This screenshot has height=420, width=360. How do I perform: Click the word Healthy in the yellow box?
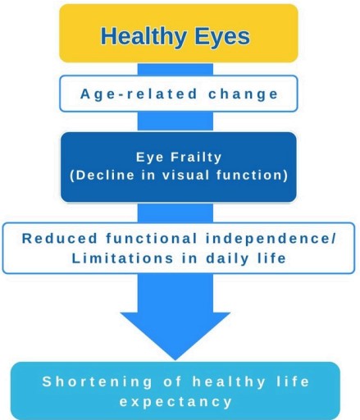[144, 36]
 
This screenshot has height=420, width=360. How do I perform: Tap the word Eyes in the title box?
[221, 37]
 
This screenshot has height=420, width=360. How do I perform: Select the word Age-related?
[139, 94]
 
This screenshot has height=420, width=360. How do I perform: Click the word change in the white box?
[243, 94]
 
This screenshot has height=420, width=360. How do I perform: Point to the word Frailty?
[196, 157]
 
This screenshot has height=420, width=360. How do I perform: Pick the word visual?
[186, 175]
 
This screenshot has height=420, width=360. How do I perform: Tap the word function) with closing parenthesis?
[253, 175]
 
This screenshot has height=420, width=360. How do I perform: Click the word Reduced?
[60, 238]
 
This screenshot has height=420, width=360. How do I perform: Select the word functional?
[152, 238]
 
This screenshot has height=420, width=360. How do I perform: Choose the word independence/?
[271, 238]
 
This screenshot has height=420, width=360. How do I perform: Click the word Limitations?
[122, 258]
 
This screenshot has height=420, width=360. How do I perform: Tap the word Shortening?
[98, 381]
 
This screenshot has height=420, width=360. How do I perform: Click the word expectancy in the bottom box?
[175, 402]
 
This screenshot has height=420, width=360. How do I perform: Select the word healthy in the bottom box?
[229, 381]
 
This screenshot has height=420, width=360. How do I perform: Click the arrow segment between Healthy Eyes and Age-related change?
[175, 69]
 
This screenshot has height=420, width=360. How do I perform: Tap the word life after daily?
[272, 258]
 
